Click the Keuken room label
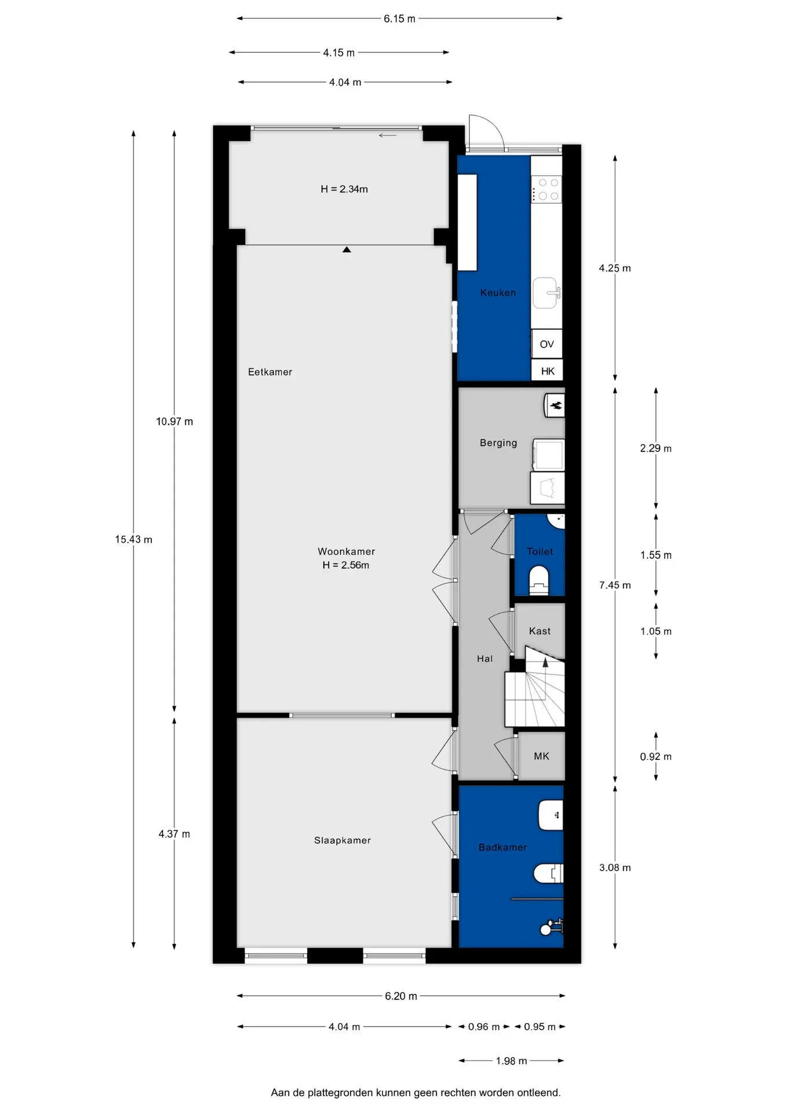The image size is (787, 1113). coord(498,293)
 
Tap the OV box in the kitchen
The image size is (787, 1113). coord(546,344)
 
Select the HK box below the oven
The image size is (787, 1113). coord(547,371)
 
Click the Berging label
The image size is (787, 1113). coord(498,443)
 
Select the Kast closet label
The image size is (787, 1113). coord(540,631)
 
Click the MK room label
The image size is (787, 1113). coord(541,756)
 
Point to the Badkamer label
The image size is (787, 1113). coord(502,848)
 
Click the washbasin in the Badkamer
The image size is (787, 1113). coord(551,816)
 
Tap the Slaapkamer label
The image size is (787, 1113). coord(343,841)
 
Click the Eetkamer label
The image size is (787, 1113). coord(270,372)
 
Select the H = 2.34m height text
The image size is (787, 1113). coord(344,189)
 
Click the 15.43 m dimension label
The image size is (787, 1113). coord(133,539)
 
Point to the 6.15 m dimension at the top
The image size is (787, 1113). coord(399,19)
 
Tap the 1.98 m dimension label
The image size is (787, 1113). coord(511,1061)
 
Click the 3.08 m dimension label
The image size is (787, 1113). coord(615,868)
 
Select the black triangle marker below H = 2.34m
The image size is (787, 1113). coord(347,250)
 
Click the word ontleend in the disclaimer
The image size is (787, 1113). coord(541,1093)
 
